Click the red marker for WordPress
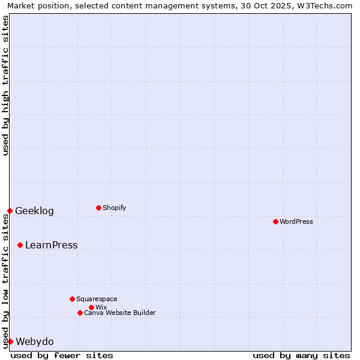[275, 221]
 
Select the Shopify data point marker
[98, 208]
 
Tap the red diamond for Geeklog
[10, 211]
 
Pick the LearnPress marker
[20, 245]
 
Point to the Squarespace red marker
[72, 299]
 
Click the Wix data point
[91, 307]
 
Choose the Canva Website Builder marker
[80, 313]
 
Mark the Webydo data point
[10, 341]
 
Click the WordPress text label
[296, 221]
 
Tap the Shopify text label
[115, 208]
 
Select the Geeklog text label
[34, 211]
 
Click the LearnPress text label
[51, 245]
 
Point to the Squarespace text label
[97, 299]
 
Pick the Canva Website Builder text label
[120, 313]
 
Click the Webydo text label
[34, 341]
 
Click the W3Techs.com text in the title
[328, 5]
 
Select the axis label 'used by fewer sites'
[62, 355]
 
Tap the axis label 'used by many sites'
[301, 355]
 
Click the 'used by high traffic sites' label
[5, 85]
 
